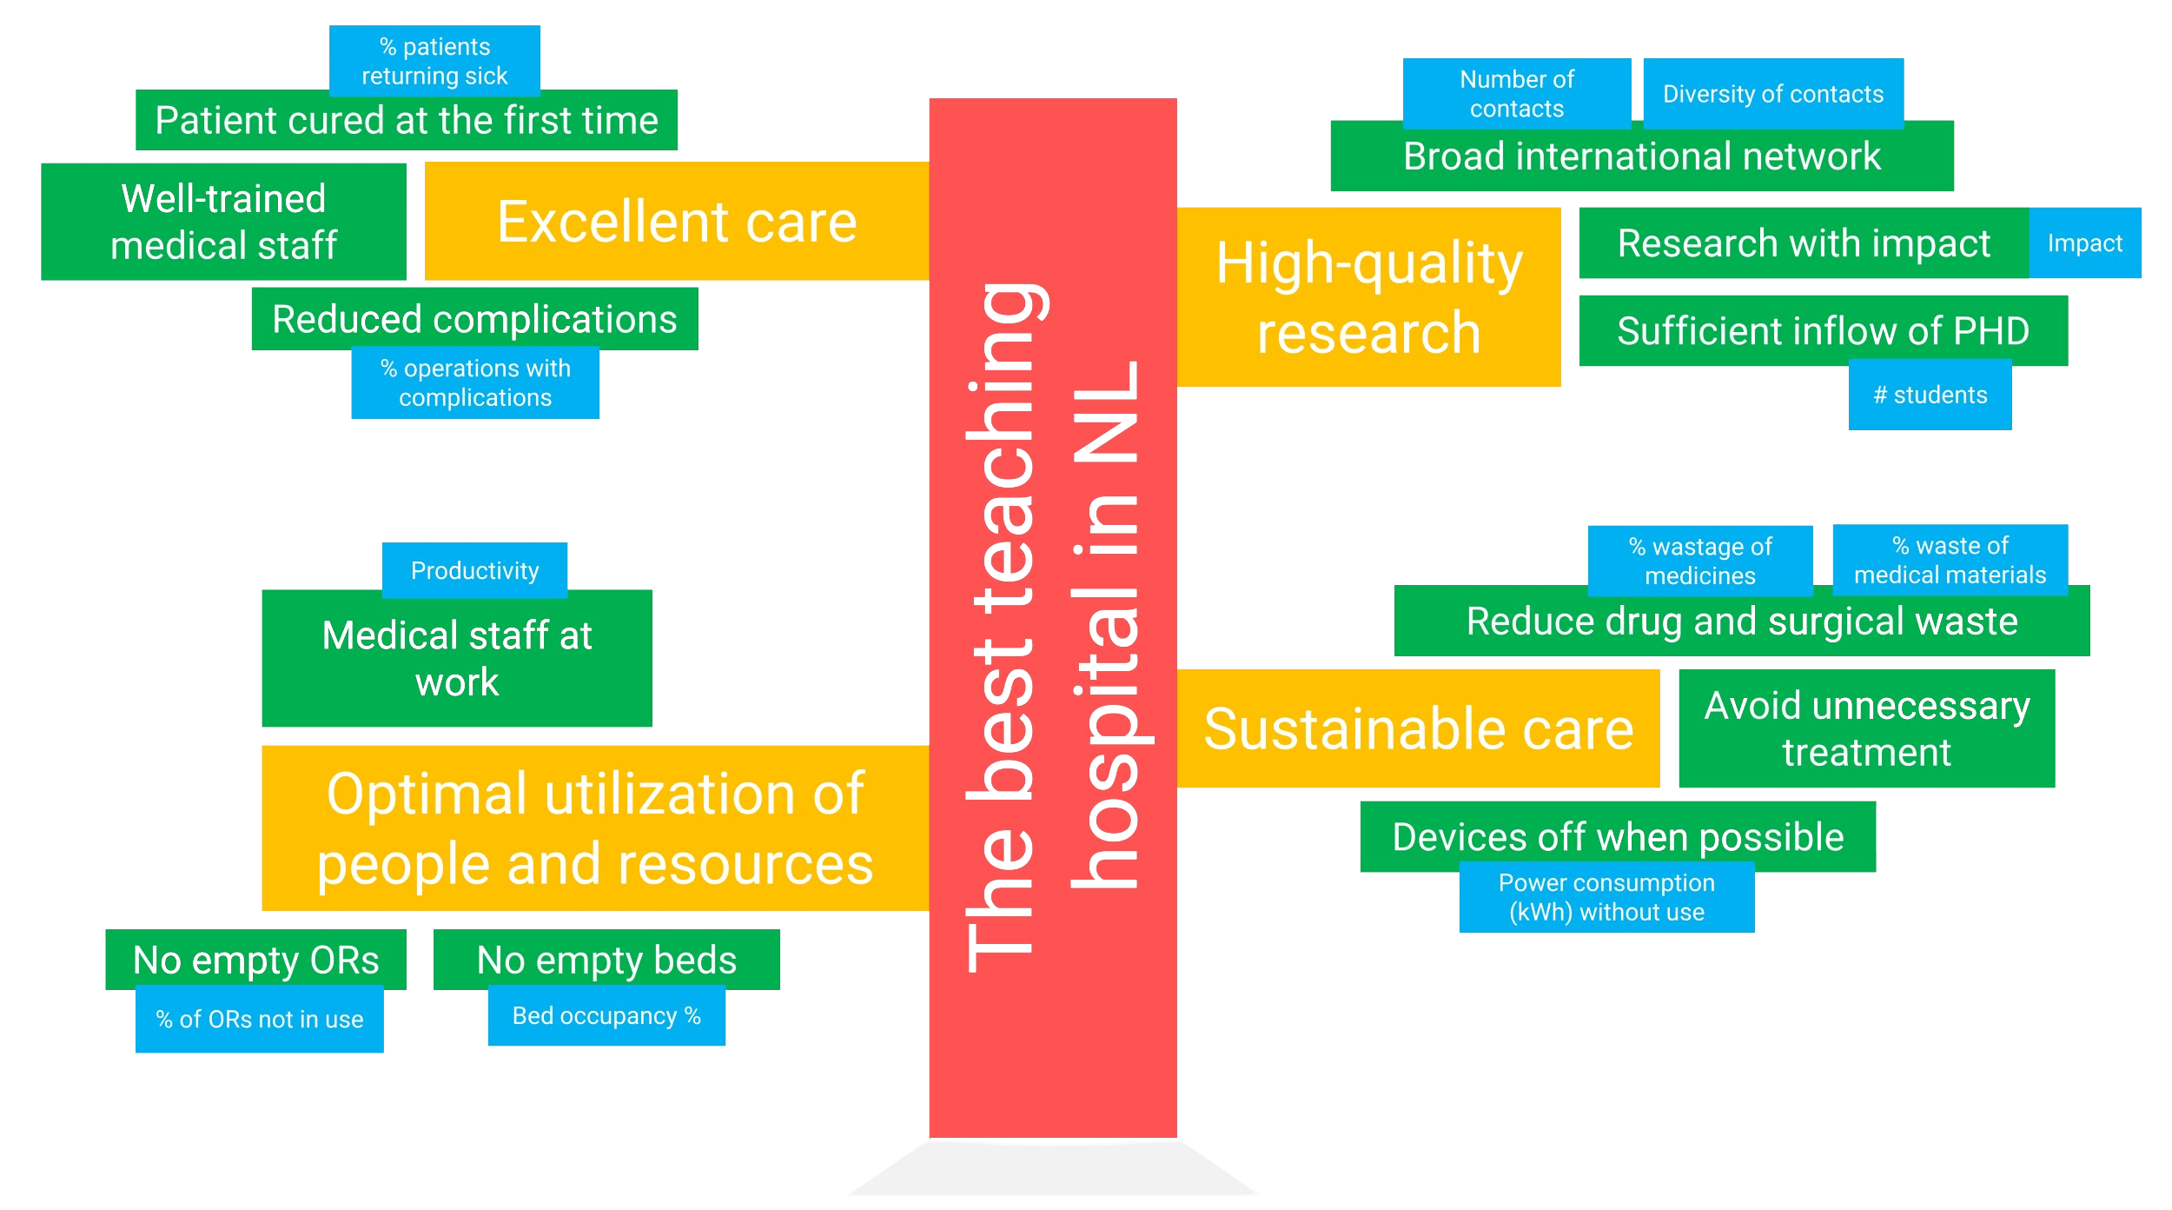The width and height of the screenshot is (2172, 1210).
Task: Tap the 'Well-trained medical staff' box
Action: click(x=223, y=222)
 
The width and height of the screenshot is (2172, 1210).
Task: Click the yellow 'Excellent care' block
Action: click(x=677, y=221)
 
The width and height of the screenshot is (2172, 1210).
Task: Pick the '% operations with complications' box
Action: click(x=475, y=383)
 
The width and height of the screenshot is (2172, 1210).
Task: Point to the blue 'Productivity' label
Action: click(x=474, y=570)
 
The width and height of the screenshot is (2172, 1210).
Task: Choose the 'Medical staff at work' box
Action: click(x=457, y=659)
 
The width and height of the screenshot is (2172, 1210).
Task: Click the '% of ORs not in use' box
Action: click(x=259, y=1020)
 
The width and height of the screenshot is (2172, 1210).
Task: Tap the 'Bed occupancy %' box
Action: click(x=606, y=1016)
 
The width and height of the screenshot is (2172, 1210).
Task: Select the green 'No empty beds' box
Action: click(x=606, y=960)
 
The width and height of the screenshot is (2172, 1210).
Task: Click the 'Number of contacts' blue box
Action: click(x=1517, y=94)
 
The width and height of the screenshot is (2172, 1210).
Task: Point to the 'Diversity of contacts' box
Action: click(x=1773, y=93)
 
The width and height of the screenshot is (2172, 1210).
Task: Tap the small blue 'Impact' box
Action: click(x=2085, y=243)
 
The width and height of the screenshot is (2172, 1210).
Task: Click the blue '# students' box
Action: click(x=1930, y=396)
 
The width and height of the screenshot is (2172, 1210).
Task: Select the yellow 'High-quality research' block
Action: click(x=1369, y=296)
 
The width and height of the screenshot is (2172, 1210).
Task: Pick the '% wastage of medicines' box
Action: click(x=1700, y=561)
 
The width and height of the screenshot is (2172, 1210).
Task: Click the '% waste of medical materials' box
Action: click(x=1950, y=560)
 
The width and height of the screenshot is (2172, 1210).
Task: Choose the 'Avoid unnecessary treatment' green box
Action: click(x=1867, y=728)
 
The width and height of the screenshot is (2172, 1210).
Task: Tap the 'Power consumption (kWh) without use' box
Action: click(x=1606, y=897)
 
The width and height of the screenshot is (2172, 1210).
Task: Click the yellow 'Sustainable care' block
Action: click(x=1418, y=728)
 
